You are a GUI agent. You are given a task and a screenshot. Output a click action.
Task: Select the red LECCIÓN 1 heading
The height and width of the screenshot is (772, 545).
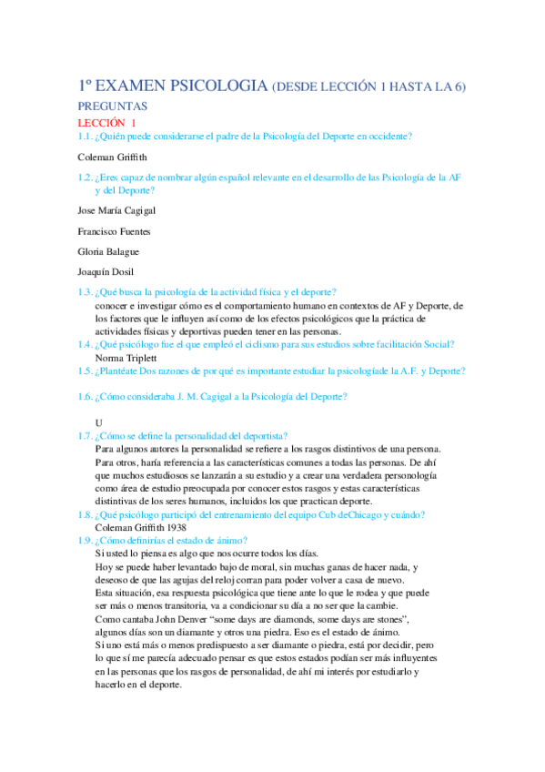[x=106, y=122]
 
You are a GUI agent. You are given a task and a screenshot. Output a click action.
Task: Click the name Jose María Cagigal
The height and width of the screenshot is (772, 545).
[x=116, y=210]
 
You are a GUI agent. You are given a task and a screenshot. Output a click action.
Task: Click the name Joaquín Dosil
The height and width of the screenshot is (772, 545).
[x=106, y=272]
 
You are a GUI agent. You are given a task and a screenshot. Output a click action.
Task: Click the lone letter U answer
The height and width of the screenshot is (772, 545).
[x=98, y=422]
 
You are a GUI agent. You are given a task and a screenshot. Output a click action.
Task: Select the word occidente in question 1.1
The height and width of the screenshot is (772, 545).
[x=386, y=137]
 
